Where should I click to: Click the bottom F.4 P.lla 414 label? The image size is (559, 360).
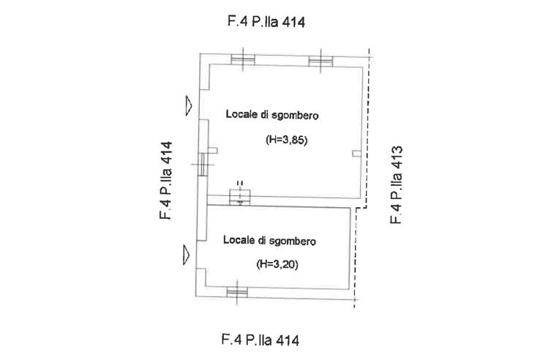[260, 340]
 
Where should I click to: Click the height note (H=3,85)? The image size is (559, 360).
[285, 143]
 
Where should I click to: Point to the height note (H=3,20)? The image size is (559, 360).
[279, 264]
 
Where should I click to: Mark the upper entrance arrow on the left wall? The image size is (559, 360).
[189, 106]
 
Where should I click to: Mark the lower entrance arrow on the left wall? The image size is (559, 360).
[187, 255]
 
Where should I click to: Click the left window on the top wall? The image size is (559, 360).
[241, 60]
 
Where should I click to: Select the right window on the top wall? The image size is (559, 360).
[320, 60]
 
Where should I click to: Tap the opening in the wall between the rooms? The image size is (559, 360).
[240, 195]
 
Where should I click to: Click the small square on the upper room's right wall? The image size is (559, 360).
[356, 153]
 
